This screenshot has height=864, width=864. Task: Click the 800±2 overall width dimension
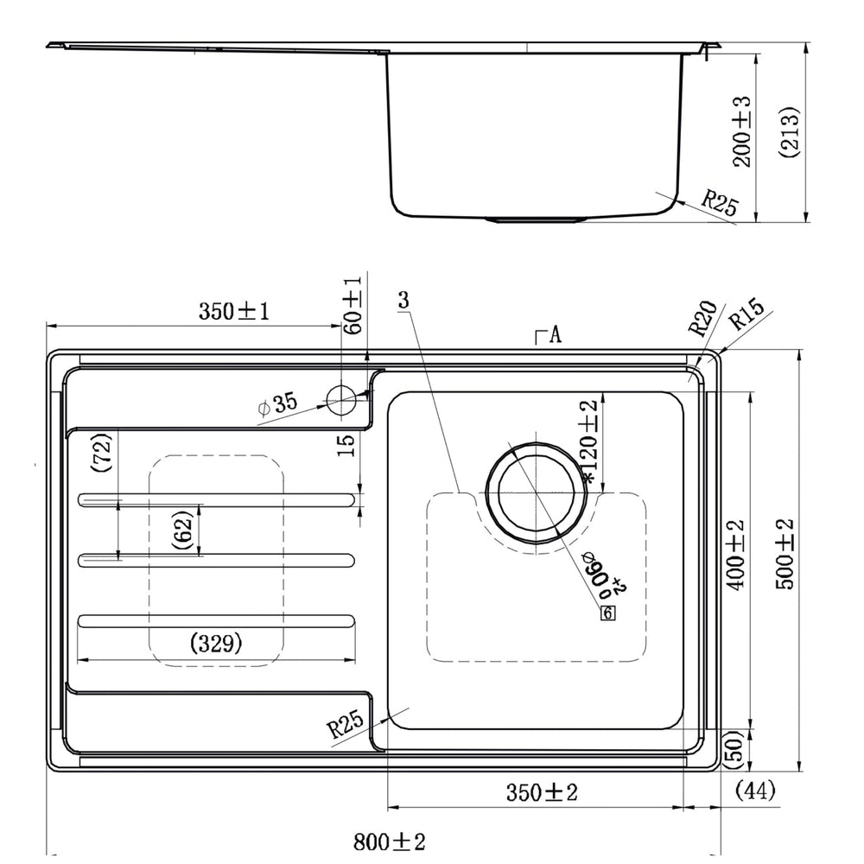click(389, 842)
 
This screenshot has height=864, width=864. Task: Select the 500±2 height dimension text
click(785, 555)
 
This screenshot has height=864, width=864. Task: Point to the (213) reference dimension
click(789, 132)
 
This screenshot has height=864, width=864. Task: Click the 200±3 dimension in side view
click(741, 131)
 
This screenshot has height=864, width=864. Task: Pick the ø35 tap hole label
click(277, 403)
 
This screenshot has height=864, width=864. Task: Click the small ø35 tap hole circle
click(341, 400)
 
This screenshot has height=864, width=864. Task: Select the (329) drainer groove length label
click(215, 643)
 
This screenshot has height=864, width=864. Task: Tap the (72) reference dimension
click(102, 453)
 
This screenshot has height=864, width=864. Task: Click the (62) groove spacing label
click(182, 530)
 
